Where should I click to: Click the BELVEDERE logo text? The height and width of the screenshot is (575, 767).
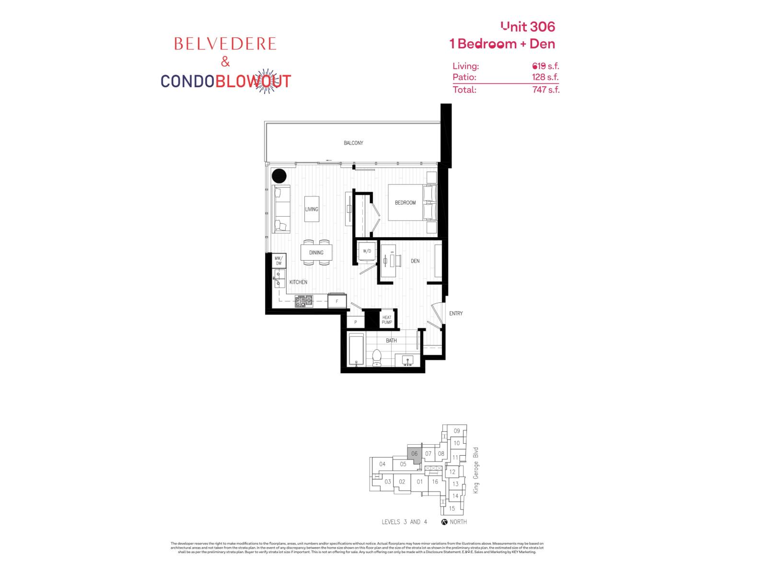(225, 44)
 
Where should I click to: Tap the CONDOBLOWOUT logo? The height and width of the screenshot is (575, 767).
(225, 81)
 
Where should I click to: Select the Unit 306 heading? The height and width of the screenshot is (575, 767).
(528, 26)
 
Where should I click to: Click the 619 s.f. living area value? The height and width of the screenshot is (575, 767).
(546, 66)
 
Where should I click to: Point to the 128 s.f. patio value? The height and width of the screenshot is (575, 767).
(546, 77)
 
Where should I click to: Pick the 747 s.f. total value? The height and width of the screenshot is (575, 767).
(546, 89)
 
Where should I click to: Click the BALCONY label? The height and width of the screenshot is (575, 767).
(353, 143)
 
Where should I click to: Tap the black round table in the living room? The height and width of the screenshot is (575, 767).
(279, 176)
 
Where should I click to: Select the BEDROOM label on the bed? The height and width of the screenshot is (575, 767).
(405, 203)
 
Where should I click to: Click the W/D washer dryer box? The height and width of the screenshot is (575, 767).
(367, 251)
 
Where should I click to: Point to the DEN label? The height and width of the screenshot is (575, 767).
(415, 261)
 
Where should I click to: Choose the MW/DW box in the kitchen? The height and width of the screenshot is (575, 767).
(279, 261)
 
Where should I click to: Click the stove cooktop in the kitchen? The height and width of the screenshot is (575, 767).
(303, 301)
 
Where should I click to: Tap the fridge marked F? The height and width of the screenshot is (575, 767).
(337, 301)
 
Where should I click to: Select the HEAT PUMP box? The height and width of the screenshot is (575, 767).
(387, 320)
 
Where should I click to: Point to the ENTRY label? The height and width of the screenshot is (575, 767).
(456, 313)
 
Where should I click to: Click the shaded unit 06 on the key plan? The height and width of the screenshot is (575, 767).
(414, 454)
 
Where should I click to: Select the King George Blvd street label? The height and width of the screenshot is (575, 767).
(476, 470)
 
